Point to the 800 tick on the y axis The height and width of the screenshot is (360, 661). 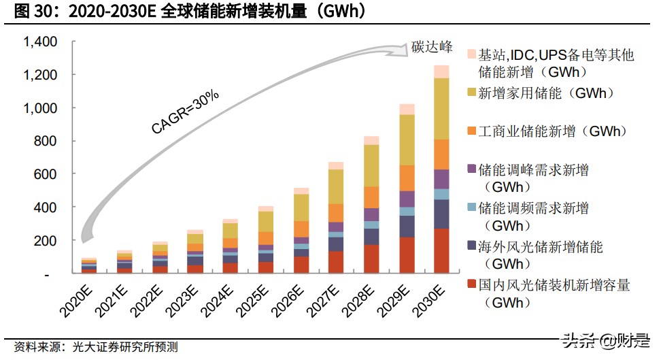point(45,142)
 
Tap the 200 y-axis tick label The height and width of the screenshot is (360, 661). point(45,241)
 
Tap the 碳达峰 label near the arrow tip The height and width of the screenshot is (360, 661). point(432,47)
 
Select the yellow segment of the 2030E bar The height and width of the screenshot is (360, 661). point(442,109)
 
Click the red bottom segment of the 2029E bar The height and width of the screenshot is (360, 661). point(407,255)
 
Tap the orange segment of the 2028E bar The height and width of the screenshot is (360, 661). point(371,197)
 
